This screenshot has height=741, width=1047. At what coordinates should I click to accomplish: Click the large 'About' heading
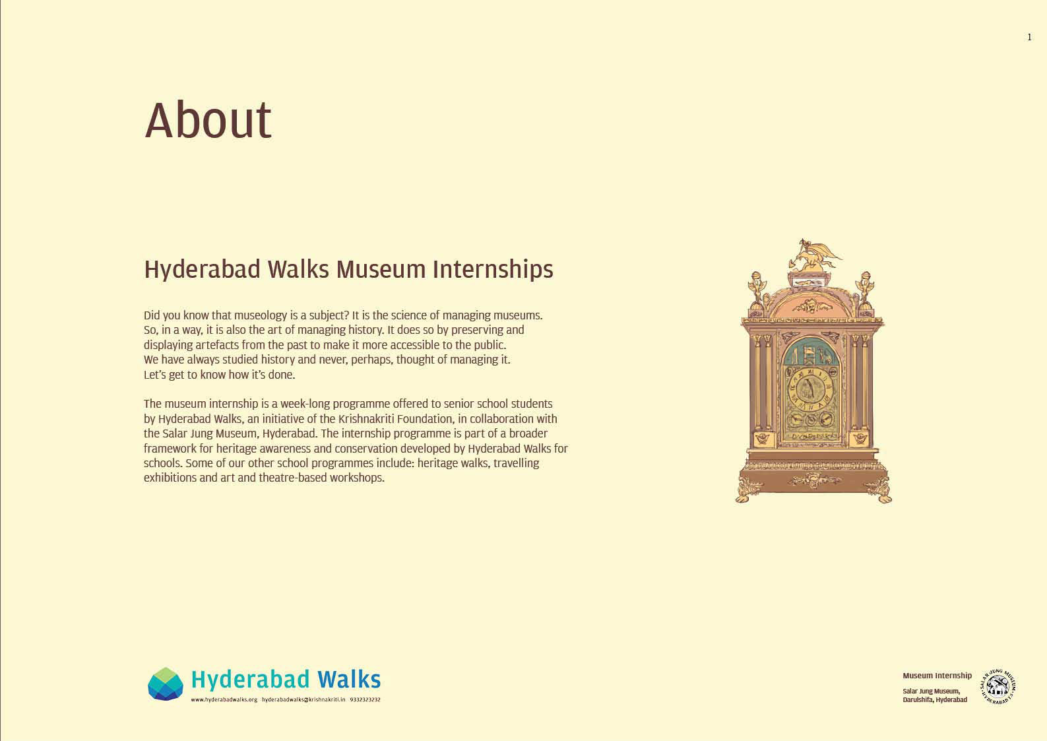208,120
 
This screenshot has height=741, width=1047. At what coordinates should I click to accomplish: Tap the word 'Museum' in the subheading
381,270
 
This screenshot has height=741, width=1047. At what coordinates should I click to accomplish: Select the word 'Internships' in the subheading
493,271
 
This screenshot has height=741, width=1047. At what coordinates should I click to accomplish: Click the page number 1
1029,38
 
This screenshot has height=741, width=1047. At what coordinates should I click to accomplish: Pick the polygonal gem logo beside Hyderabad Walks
166,684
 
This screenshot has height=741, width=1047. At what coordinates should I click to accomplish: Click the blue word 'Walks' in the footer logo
349,680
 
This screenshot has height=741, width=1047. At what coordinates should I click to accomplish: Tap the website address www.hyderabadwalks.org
224,700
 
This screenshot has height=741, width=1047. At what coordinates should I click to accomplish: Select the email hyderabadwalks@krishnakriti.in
303,700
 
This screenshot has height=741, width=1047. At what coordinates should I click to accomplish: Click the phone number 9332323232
365,700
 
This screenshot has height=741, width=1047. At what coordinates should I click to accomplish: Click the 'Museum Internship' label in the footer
937,676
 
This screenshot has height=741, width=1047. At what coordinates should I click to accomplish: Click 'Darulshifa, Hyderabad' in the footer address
935,700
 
